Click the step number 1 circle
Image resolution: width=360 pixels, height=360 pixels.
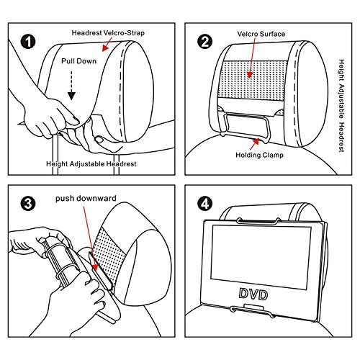(28, 42)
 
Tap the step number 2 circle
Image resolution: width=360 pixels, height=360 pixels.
(204, 42)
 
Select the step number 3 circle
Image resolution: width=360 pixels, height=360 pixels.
(28, 204)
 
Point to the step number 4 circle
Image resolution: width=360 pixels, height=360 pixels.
(204, 204)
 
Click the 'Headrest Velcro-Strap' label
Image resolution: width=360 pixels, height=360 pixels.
(108, 33)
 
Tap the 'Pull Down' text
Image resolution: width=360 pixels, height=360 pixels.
(78, 61)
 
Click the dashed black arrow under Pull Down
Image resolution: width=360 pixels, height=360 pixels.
(71, 86)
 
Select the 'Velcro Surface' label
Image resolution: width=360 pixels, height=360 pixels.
(261, 34)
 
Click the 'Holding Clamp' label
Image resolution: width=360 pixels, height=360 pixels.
(259, 155)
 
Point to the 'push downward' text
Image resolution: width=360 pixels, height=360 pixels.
(86, 199)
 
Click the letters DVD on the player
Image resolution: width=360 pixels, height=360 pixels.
(253, 294)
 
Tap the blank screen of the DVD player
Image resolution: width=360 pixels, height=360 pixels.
(261, 257)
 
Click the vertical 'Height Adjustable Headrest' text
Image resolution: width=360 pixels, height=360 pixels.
(341, 106)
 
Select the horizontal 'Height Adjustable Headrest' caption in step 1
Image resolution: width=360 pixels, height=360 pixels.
(91, 164)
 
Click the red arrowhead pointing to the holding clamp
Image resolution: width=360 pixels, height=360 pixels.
(256, 142)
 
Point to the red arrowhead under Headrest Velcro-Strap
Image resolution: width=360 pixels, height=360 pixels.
(104, 48)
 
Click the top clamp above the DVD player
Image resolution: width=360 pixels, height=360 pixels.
(258, 221)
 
